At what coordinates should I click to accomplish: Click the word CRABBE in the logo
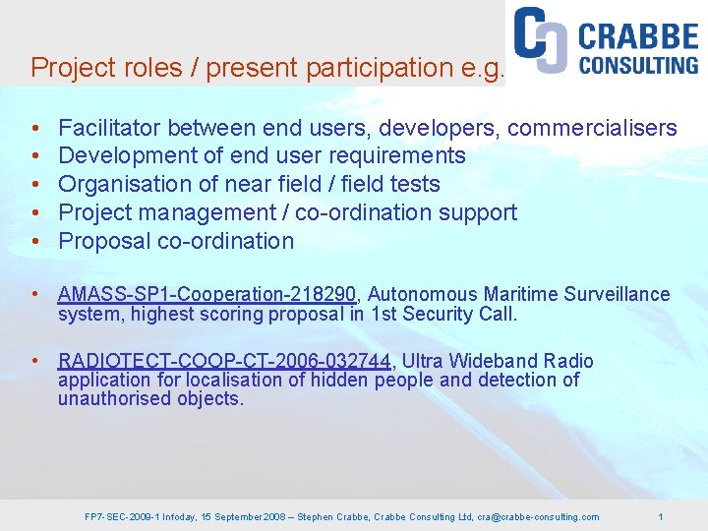click(638, 37)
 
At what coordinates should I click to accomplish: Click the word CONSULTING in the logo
click(638, 66)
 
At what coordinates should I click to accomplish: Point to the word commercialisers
click(592, 128)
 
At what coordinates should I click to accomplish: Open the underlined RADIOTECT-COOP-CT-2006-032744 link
click(224, 361)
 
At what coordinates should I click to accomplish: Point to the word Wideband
click(497, 361)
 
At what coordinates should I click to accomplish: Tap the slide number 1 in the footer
click(661, 516)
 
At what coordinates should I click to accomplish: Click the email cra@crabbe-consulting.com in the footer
click(538, 516)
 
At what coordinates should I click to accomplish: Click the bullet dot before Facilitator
click(34, 129)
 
